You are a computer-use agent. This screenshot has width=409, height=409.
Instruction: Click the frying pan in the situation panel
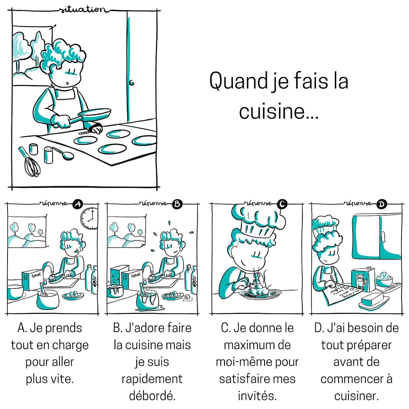[x=95, y=115]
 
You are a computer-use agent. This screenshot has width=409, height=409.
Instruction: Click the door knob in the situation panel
[x=132, y=83]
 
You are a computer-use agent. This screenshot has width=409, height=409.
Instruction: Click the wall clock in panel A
[x=89, y=219]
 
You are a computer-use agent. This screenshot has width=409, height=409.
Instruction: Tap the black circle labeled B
[x=177, y=204]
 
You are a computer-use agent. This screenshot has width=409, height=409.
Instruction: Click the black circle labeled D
[x=382, y=204]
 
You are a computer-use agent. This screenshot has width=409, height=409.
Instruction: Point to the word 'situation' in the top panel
[x=82, y=10]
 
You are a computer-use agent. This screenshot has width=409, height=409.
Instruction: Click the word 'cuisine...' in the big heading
[x=279, y=111]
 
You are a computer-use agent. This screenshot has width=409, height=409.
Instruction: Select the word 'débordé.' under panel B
[x=152, y=396]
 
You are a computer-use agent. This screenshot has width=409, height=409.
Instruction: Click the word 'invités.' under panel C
[x=257, y=396]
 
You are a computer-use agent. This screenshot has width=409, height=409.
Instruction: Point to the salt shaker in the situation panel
[x=48, y=155]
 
